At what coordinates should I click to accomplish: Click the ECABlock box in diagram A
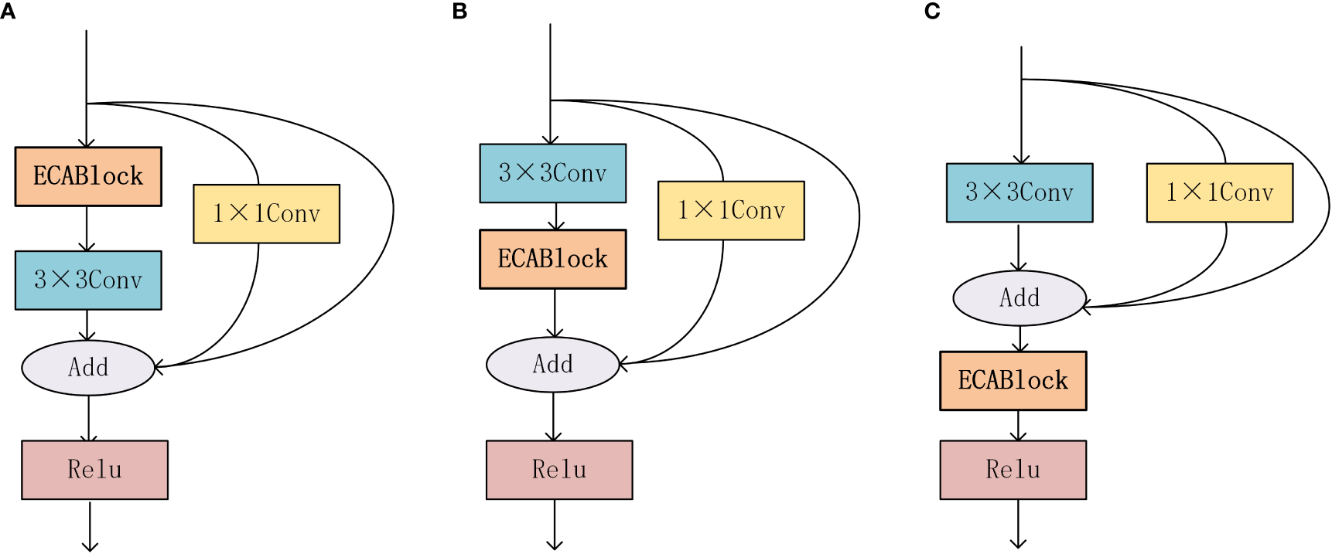click(x=88, y=176)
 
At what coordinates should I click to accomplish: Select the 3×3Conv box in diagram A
click(x=88, y=280)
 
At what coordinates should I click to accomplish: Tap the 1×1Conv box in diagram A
click(x=266, y=213)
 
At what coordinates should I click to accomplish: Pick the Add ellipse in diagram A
click(x=88, y=367)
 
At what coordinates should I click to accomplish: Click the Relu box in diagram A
click(x=94, y=470)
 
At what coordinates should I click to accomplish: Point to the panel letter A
click(x=7, y=12)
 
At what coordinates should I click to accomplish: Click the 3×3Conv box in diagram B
click(x=552, y=173)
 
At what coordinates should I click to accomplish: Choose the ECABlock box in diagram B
click(x=552, y=259)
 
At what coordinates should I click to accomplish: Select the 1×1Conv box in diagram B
click(x=731, y=210)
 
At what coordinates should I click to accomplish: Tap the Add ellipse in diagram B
click(x=552, y=364)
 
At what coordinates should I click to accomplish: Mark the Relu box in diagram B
click(x=559, y=470)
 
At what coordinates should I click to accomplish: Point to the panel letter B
click(x=459, y=12)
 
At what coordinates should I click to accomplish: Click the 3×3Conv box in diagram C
click(x=1019, y=192)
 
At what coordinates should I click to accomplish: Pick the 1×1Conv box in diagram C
click(x=1219, y=192)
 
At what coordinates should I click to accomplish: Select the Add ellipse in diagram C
click(x=1019, y=297)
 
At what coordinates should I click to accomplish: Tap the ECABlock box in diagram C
click(x=1013, y=380)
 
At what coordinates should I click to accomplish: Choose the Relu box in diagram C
click(x=1013, y=470)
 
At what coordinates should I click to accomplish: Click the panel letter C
click(x=932, y=12)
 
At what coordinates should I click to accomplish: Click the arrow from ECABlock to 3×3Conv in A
click(x=87, y=229)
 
